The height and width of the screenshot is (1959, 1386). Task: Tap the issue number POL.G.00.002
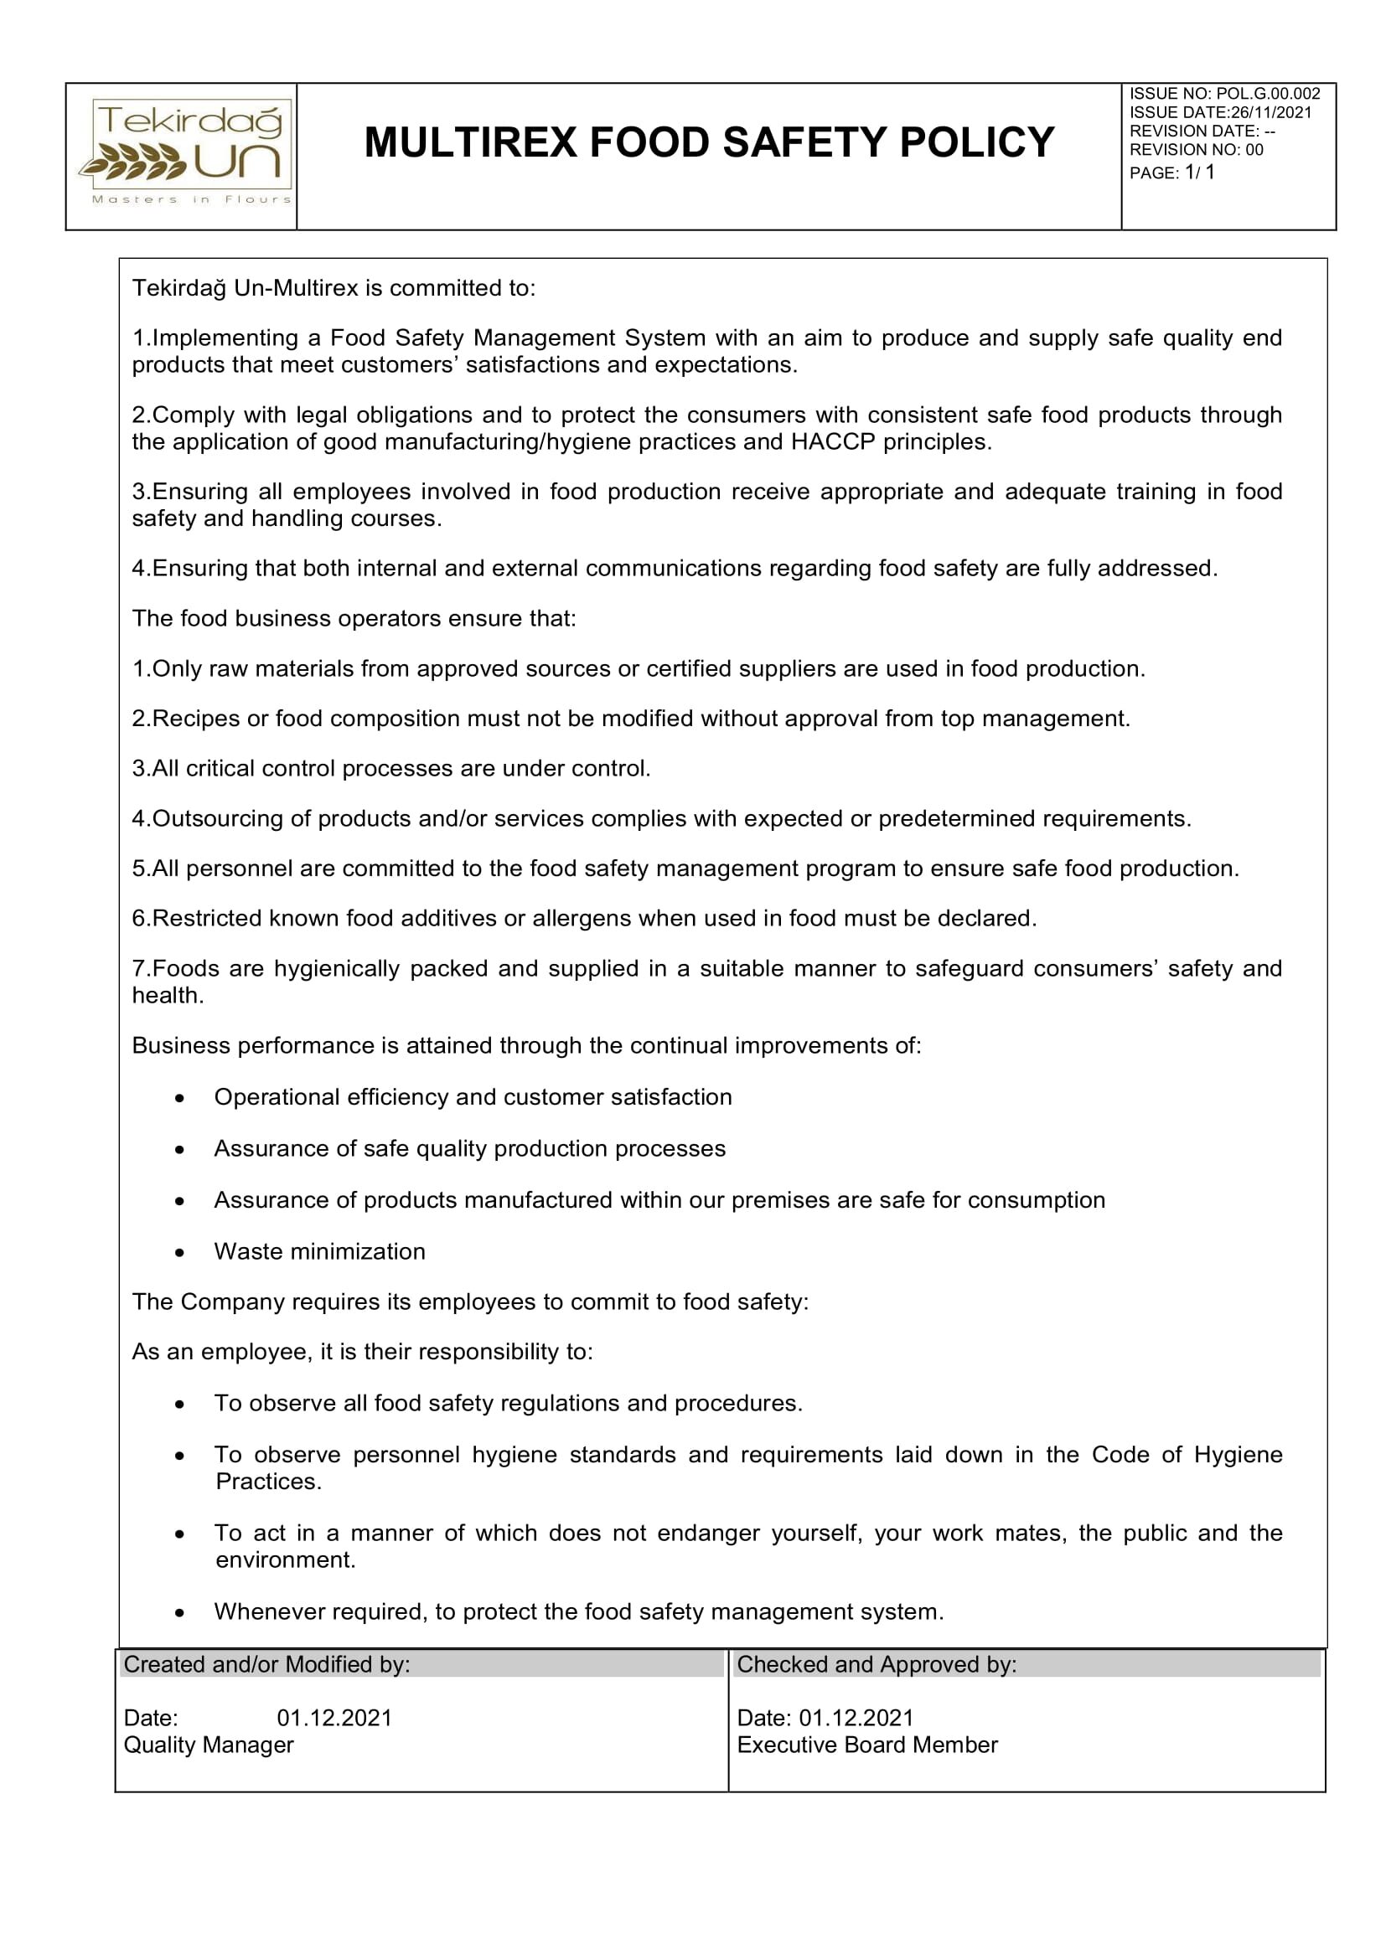(x=1267, y=94)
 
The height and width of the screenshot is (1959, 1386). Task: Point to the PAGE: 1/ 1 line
(x=1171, y=173)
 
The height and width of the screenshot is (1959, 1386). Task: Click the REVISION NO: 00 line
(x=1196, y=150)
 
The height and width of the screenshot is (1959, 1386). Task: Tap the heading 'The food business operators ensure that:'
(x=354, y=619)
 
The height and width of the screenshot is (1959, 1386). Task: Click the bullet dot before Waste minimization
(x=179, y=1252)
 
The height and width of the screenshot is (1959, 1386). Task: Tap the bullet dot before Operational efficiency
(x=179, y=1098)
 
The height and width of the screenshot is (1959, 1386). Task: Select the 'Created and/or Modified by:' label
(x=266, y=1665)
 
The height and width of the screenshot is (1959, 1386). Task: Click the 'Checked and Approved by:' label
(x=877, y=1665)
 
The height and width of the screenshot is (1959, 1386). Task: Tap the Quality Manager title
(x=209, y=1745)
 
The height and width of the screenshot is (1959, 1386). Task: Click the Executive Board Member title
(x=867, y=1745)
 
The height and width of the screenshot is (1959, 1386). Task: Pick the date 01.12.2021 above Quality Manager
(x=334, y=1718)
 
